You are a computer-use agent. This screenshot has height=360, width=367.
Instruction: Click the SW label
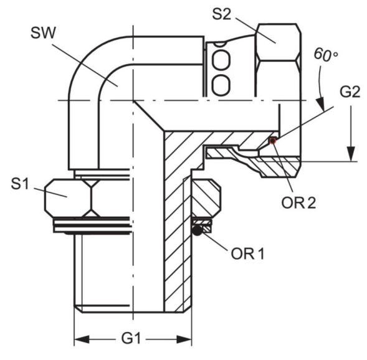pos(43,33)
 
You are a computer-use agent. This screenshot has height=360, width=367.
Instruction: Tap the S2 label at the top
pos(221,14)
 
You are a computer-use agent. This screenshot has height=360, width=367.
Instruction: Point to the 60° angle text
pos(326,55)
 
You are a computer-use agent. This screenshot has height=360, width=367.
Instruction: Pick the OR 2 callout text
pos(298,203)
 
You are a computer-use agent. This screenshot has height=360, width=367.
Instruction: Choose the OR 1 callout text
pos(248,253)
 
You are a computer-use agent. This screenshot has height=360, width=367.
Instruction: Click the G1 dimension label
pos(131,338)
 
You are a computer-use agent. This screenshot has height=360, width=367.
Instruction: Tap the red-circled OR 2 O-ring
pos(272,141)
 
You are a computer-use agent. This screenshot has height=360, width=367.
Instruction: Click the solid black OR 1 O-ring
pos(198,230)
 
